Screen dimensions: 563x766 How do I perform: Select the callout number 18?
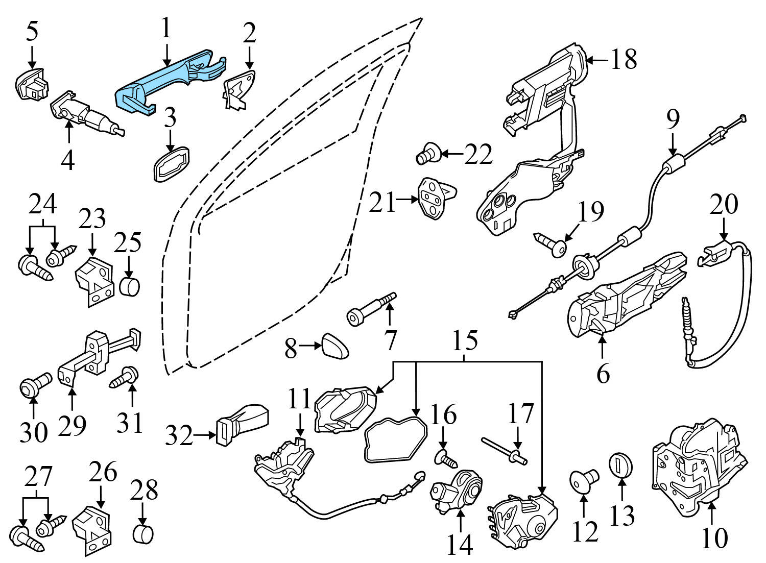pyautogui.click(x=624, y=60)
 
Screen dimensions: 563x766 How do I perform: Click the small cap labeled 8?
pyautogui.click(x=336, y=347)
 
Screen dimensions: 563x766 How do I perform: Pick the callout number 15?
pyautogui.click(x=465, y=340)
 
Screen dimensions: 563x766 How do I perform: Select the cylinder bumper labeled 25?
pyautogui.click(x=129, y=286)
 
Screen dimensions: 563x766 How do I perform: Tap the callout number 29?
pyautogui.click(x=72, y=425)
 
